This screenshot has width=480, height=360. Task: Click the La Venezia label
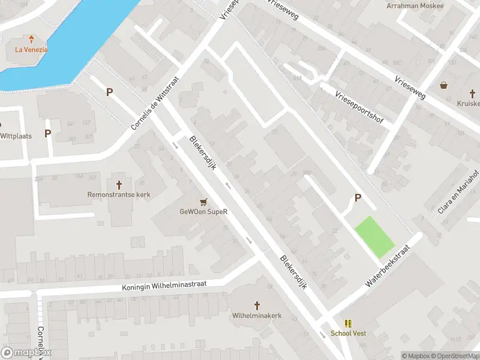31,50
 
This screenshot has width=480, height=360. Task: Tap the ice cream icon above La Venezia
31,38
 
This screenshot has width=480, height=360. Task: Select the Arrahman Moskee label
415,6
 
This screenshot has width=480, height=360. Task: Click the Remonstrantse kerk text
119,195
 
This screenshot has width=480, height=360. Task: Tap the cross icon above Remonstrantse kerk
119,184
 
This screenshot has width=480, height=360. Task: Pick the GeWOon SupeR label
204,212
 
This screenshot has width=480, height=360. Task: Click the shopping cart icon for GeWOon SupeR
204,201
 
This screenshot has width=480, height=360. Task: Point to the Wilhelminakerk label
257,315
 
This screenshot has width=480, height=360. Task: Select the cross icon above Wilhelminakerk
257,305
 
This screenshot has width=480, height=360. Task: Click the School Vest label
348,334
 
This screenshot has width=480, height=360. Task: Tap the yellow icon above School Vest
348,323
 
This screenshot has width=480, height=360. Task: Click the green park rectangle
374,237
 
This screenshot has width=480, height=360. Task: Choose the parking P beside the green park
358,198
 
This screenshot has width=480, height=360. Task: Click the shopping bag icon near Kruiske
443,85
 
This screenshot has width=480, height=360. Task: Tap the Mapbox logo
26,353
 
